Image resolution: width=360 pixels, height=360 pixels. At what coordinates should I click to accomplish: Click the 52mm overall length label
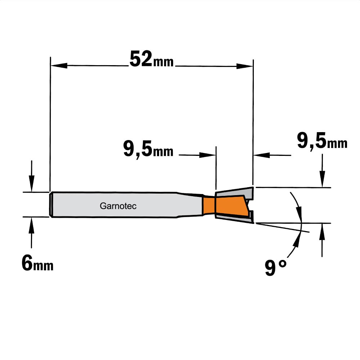pyautogui.click(x=152, y=59)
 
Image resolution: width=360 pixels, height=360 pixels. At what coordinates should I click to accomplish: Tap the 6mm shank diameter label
pyautogui.click(x=37, y=264)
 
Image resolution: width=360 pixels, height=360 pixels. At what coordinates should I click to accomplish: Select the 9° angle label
pyautogui.click(x=276, y=268)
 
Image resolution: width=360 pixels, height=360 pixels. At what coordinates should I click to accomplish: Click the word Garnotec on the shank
pyautogui.click(x=118, y=206)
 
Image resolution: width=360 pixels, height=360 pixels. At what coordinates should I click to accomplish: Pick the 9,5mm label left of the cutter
pyautogui.click(x=148, y=149)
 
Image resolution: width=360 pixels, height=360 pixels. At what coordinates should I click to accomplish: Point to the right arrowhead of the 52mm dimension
pyautogui.click(x=244, y=66)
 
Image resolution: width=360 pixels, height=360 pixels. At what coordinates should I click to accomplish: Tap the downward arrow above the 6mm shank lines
pyautogui.click(x=32, y=176)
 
